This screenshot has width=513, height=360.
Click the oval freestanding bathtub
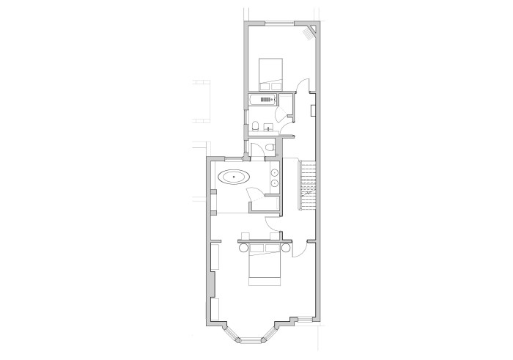click(x=234, y=177)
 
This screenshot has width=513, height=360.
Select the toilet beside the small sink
click(x=254, y=128)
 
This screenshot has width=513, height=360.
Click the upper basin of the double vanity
click(x=275, y=172)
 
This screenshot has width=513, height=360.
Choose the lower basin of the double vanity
click(x=275, y=182)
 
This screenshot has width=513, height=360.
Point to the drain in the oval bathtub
click(x=234, y=177)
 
